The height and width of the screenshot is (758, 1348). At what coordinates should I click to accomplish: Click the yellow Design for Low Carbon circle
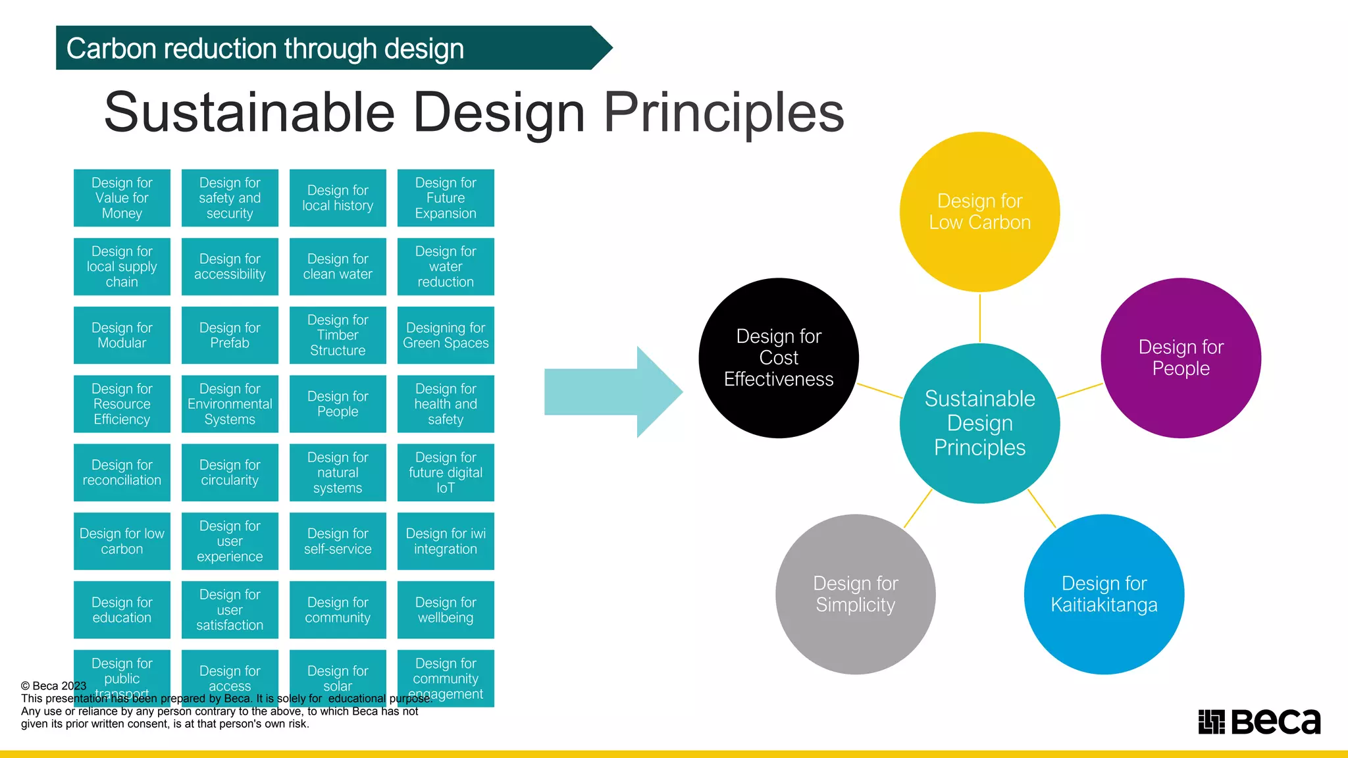click(979, 212)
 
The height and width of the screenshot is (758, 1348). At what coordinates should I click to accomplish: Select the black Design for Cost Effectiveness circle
click(779, 358)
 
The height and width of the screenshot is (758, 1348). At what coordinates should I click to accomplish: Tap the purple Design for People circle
click(1181, 358)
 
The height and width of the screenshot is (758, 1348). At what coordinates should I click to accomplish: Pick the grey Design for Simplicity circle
click(855, 594)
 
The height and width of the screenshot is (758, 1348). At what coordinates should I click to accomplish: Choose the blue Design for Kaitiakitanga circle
click(1104, 594)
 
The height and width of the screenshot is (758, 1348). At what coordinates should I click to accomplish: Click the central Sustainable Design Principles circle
click(979, 423)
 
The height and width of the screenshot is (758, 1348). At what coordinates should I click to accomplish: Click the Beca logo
click(1259, 722)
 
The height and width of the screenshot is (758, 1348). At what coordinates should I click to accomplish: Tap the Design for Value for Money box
click(122, 198)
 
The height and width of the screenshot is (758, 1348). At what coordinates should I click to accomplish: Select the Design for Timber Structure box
click(338, 335)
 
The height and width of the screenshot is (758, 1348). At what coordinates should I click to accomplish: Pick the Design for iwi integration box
click(446, 541)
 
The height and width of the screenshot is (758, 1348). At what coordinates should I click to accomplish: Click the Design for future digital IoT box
click(446, 472)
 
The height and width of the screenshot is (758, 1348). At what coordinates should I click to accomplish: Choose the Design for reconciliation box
click(122, 472)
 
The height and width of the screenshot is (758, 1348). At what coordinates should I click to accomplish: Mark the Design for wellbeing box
click(446, 610)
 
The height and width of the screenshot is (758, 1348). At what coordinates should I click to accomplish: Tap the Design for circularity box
click(230, 472)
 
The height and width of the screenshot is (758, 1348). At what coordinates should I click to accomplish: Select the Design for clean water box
click(338, 266)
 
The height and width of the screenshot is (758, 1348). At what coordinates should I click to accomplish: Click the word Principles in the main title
click(724, 113)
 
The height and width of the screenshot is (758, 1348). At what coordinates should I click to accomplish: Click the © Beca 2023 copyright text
click(54, 686)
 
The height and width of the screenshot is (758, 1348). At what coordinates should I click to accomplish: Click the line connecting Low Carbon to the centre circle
click(979, 318)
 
